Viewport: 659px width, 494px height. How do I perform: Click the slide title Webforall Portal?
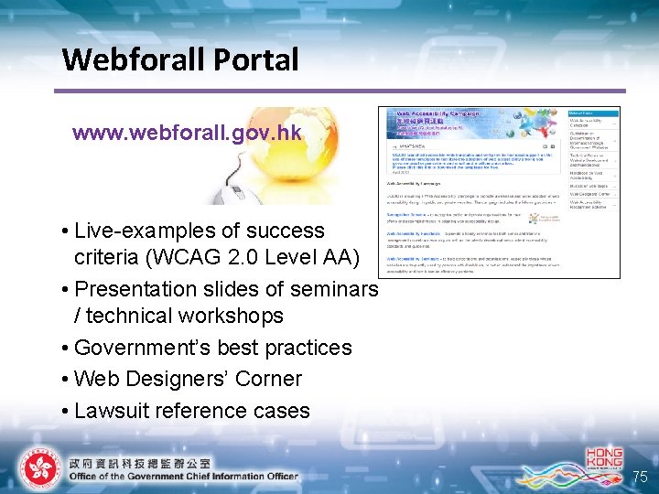(180, 60)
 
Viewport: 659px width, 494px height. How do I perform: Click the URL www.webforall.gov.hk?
(187, 134)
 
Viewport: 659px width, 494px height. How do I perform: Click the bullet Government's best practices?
(212, 349)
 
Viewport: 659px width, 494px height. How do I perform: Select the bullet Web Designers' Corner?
(188, 379)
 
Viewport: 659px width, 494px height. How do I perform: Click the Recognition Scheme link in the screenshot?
(404, 214)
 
